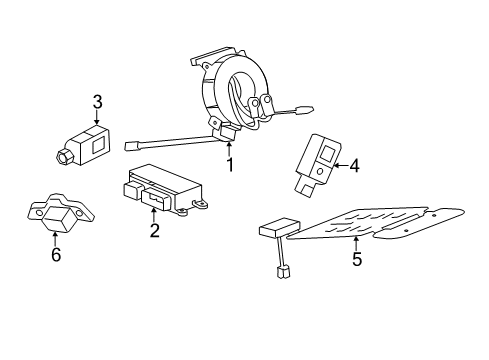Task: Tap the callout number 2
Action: (x=154, y=232)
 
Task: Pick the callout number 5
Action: (x=356, y=260)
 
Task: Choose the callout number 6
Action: (x=56, y=255)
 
